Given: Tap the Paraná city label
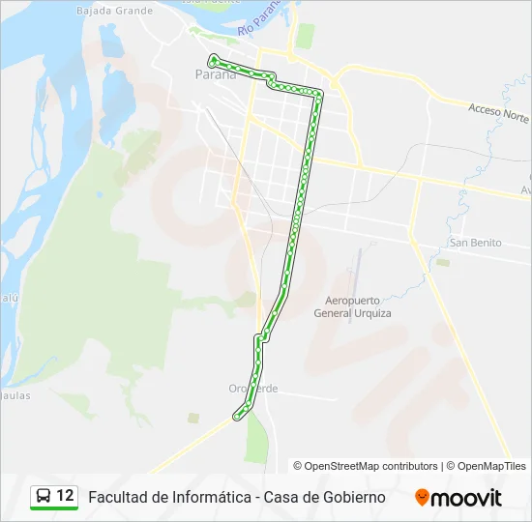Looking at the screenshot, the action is coord(215,74).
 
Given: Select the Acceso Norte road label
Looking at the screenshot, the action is coord(497,112).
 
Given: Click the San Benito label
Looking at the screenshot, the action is coord(475,243).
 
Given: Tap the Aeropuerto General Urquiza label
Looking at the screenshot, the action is coord(352,307).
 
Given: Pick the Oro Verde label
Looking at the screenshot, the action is coord(253,389).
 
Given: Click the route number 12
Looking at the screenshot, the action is coord(65,496).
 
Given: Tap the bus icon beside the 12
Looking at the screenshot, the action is coord(44,496).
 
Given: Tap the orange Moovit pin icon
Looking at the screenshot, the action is coord(422,497).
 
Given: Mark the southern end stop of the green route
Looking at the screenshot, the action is coord(236,418).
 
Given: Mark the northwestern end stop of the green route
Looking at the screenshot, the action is coord(212,60).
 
